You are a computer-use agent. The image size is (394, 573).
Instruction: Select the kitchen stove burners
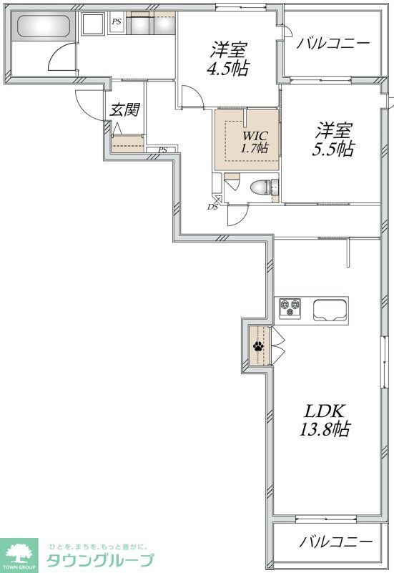pyautogui.click(x=291, y=308)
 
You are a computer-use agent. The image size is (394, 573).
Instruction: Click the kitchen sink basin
pyautogui.click(x=330, y=310)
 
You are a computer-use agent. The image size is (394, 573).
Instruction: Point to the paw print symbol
pyautogui.click(x=257, y=348)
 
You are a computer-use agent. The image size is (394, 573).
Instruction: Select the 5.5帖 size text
pyautogui.click(x=335, y=149)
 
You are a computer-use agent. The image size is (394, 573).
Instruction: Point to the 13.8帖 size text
pyautogui.click(x=325, y=429)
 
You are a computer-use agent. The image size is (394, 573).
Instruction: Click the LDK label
pyautogui.click(x=325, y=411)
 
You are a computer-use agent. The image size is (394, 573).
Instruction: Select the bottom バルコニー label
pyautogui.click(x=335, y=542)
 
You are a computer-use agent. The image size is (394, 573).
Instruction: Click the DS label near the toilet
pyautogui.click(x=212, y=207)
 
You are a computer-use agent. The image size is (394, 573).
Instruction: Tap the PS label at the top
pyautogui.click(x=116, y=22)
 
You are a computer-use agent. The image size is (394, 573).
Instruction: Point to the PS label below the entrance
pyautogui.click(x=162, y=150)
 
